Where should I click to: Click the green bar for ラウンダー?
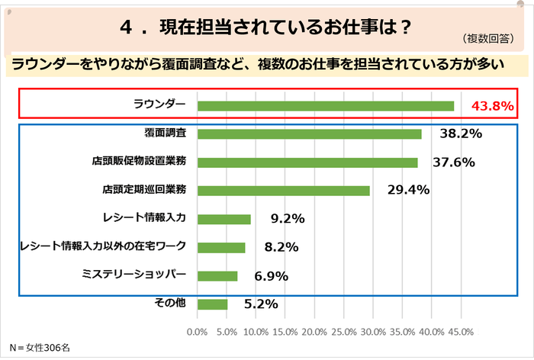click(325, 106)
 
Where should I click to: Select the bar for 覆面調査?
click(309, 134)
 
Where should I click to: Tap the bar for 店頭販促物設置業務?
click(307, 162)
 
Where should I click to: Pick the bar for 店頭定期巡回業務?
click(283, 191)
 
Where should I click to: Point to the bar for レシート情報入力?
click(224, 219)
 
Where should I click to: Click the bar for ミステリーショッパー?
click(217, 275)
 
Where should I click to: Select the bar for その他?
click(212, 304)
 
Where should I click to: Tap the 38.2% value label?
click(461, 134)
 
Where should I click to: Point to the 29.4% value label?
click(408, 191)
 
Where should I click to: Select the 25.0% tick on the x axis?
click(344, 332)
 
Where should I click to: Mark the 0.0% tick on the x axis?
click(197, 332)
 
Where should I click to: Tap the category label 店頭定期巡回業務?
click(144, 190)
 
